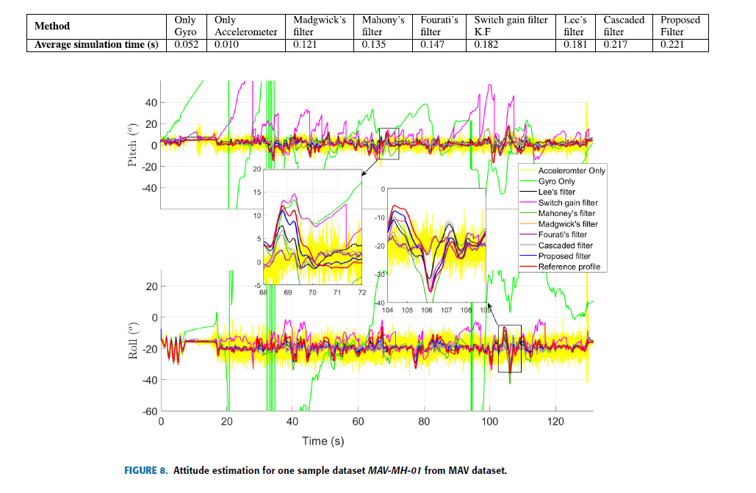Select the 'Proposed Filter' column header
pos(680,26)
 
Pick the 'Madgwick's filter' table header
pos(319,26)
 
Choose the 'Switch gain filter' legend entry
pos(568,203)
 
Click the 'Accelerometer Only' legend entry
pos(572,170)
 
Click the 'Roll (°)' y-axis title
pos(132,339)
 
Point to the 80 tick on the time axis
pos(424,422)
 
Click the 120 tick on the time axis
pos(555,422)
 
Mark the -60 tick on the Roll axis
pos(149,411)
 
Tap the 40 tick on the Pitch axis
pos(151,103)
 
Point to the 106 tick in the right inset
pos(427,310)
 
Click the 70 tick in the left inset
pos(312,292)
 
